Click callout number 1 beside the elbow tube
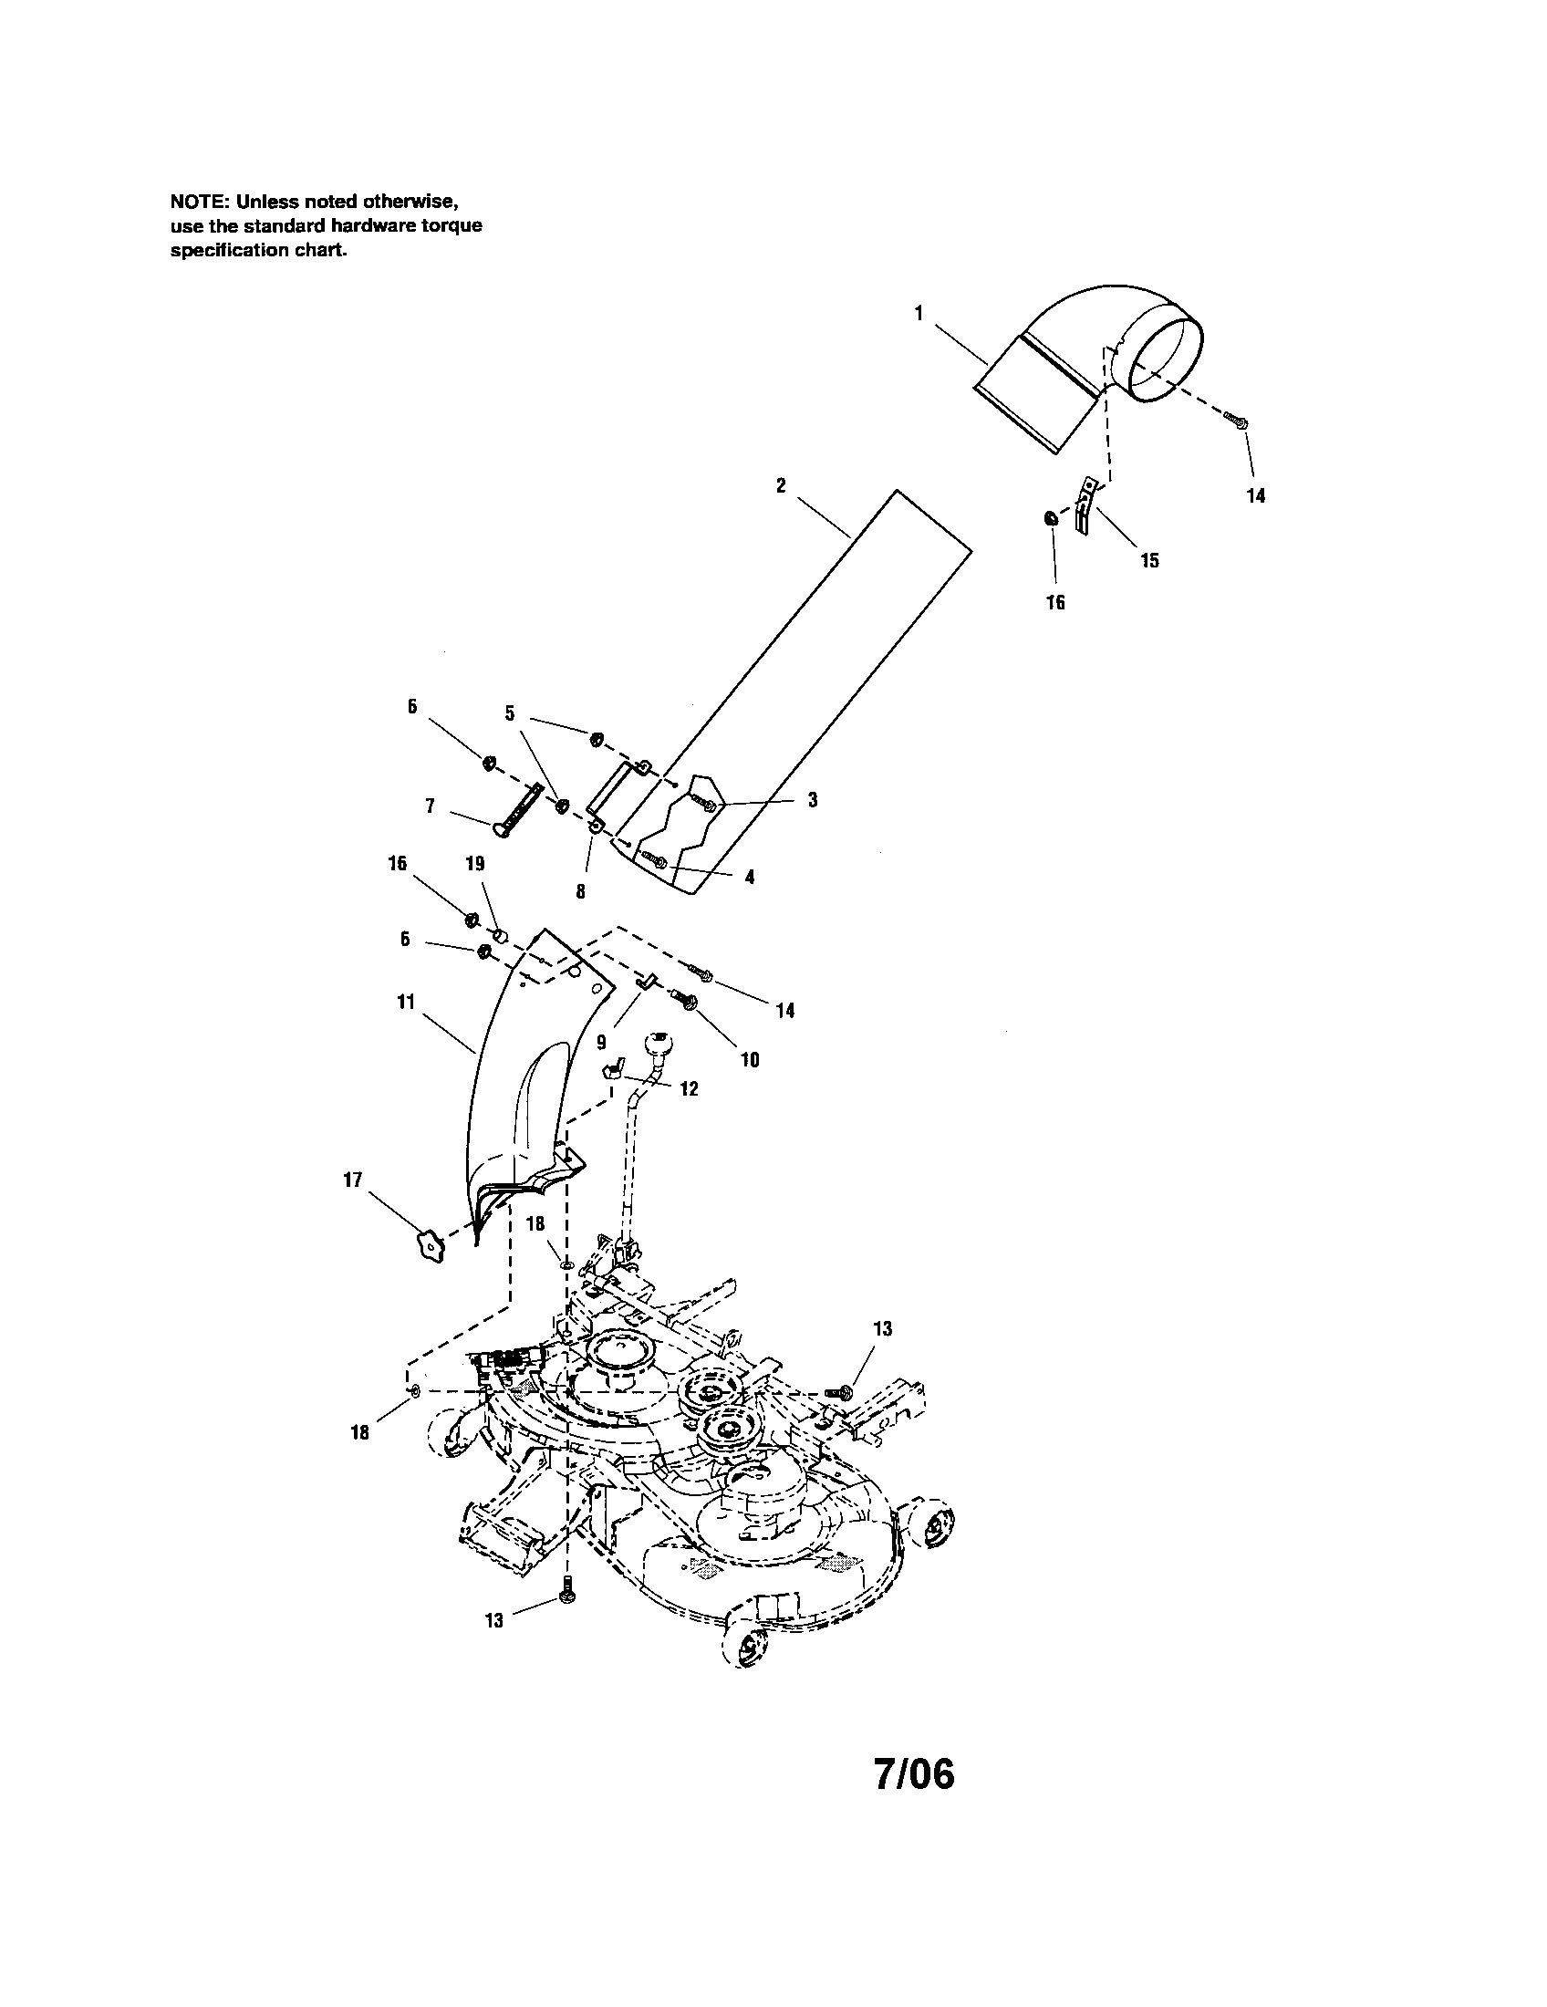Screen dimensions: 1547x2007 pos(919,313)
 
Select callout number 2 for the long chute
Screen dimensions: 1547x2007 pos(781,486)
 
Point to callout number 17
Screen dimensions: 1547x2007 pos(353,1180)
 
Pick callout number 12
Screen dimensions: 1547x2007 pos(689,1089)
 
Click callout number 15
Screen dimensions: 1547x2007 pos(1149,559)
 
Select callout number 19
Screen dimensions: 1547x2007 pos(476,864)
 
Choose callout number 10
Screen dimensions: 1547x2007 pos(750,1059)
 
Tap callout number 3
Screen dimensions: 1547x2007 pos(812,800)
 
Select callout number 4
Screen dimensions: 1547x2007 pos(750,878)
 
